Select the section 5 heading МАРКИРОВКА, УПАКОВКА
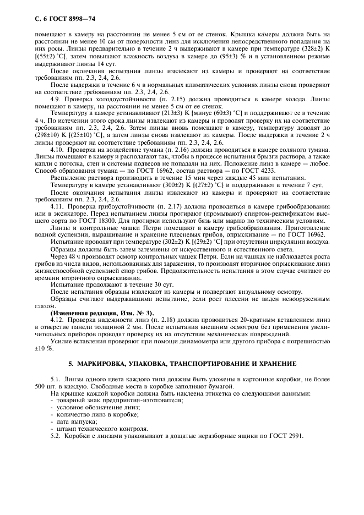point(182,364)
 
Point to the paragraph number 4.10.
point(58,149)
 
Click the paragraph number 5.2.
point(56,436)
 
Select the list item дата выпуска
point(68,421)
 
